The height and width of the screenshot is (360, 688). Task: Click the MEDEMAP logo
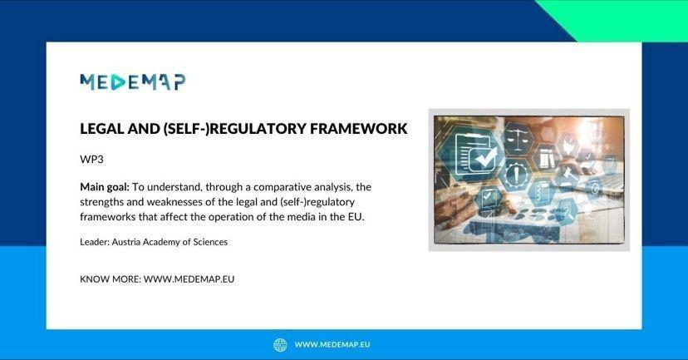point(132,82)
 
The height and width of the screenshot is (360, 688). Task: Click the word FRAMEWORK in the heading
point(358,129)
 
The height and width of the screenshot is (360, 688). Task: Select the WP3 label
point(91,160)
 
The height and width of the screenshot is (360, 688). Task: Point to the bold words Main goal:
point(105,187)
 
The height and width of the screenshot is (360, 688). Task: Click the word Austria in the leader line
point(125,242)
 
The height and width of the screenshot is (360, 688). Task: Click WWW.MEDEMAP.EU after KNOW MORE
point(189,279)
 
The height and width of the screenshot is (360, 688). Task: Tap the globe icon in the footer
point(280,345)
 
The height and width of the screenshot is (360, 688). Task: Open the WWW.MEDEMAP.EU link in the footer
point(332,345)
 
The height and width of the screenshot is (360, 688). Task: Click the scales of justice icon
point(518,139)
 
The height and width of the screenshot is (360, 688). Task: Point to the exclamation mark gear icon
point(517,175)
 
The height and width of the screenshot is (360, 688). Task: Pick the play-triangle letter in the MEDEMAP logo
point(118,82)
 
